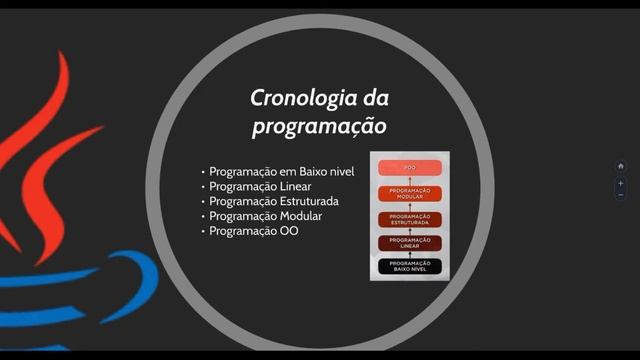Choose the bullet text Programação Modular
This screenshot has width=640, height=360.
click(x=265, y=216)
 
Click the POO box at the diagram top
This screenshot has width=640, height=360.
click(x=410, y=168)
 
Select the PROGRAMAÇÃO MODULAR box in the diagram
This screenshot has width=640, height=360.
click(x=410, y=193)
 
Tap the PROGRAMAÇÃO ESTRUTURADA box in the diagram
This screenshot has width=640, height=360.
click(x=410, y=219)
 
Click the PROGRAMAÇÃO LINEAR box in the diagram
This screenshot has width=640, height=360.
click(x=410, y=243)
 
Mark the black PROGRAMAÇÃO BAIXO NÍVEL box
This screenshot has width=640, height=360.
click(x=410, y=266)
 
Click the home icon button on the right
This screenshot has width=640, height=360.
click(x=621, y=166)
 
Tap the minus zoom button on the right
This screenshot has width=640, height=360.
click(x=621, y=195)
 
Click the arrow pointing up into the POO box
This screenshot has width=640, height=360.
click(x=410, y=180)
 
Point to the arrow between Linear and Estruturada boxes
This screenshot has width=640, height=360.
click(x=410, y=231)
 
